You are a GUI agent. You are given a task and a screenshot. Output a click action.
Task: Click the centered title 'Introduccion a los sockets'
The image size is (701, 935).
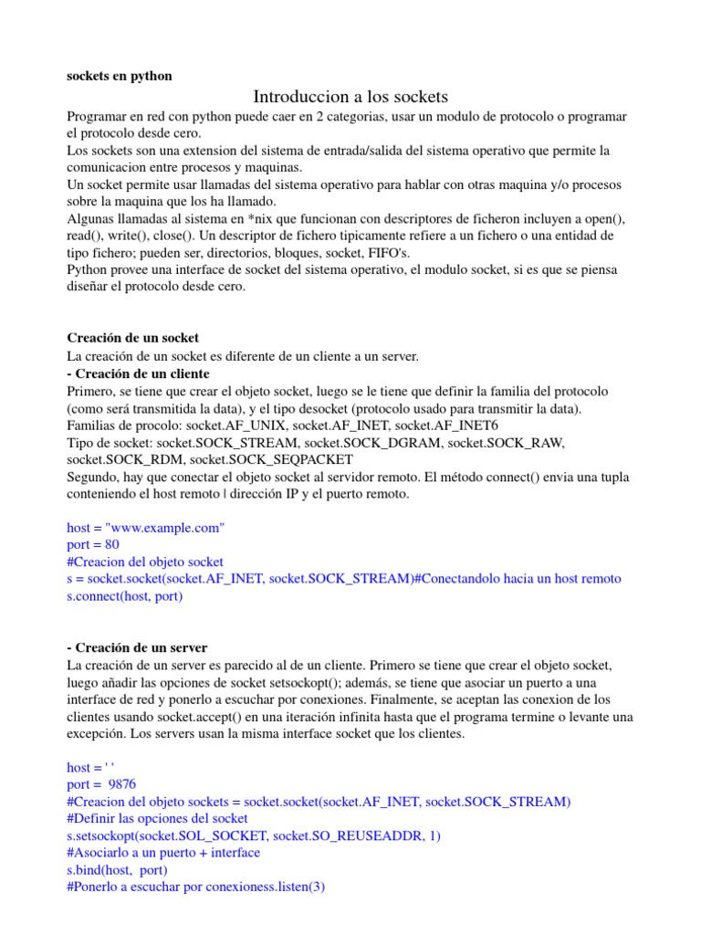pos(350,96)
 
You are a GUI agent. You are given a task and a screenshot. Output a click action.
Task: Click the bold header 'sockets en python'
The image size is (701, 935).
pos(119,76)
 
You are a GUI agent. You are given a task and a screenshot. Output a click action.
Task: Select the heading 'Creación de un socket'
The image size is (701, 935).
pos(133,338)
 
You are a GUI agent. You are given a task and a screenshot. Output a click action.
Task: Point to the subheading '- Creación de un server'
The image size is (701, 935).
pos(137,647)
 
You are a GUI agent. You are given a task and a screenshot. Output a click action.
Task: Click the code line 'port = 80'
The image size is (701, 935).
pos(93,544)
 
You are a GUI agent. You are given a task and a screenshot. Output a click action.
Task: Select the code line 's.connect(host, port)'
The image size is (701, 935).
pos(125,596)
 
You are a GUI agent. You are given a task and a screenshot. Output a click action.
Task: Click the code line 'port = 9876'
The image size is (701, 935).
pos(100,784)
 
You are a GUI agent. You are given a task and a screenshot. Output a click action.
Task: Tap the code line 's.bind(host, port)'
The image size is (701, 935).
pos(118,870)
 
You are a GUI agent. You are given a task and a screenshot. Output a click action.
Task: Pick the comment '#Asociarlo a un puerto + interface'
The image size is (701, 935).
pos(163,853)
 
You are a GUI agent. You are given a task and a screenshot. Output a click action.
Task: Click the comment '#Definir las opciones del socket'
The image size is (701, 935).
pos(157,819)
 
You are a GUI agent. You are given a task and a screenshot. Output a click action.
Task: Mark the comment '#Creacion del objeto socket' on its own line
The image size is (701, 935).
pos(145,562)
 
